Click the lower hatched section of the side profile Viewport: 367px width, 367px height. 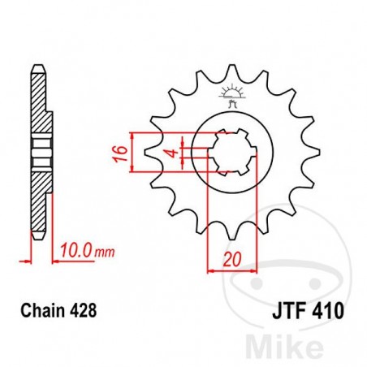38,195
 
